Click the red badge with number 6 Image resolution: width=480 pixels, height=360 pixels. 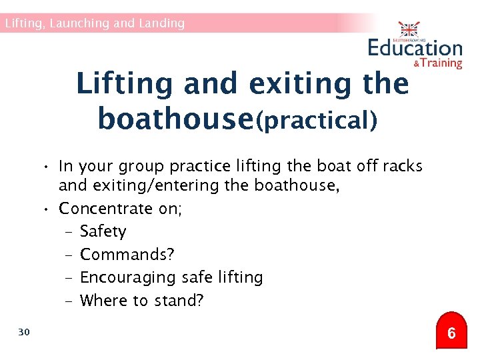(451, 333)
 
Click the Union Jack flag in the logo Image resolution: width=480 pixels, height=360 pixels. (408, 30)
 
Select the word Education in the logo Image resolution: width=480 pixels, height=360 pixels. (415, 48)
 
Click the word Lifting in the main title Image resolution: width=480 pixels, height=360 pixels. (125, 84)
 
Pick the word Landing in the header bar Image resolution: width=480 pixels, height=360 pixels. (161, 23)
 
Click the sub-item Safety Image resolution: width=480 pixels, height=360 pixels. (103, 231)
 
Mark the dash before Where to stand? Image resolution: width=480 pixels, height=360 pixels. (69, 300)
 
